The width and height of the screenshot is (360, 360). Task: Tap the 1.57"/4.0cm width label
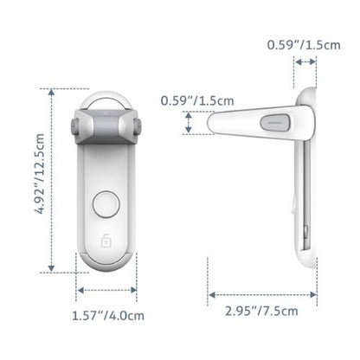(107, 316)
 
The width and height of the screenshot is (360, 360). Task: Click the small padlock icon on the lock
(108, 238)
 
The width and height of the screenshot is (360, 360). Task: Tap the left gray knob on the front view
(73, 128)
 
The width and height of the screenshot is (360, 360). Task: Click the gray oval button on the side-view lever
(278, 120)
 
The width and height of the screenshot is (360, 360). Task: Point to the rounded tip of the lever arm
(213, 121)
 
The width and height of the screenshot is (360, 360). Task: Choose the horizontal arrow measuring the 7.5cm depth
(259, 294)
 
